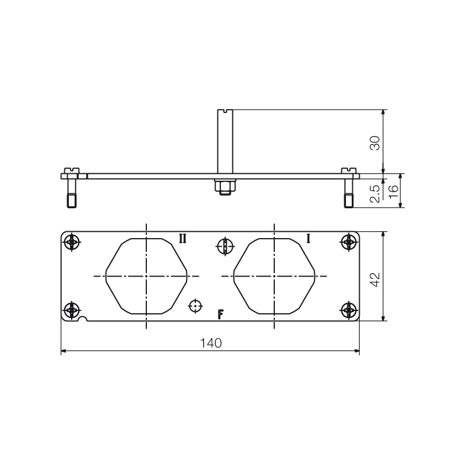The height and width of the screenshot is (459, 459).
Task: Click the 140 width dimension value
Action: (211, 343)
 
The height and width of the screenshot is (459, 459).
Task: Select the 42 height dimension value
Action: (374, 279)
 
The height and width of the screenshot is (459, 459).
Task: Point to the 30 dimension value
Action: (374, 142)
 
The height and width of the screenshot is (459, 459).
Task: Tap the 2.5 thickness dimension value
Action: (374, 193)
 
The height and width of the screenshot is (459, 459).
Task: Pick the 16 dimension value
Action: (393, 191)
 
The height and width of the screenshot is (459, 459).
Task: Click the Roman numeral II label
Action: (182, 239)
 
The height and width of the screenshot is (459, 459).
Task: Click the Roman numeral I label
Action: (308, 239)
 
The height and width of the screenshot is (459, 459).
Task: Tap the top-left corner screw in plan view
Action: (71, 243)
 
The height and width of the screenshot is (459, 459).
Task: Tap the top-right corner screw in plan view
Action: (348, 243)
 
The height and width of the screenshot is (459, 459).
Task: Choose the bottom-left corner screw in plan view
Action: (71, 310)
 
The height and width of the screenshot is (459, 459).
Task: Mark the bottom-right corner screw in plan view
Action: (348, 310)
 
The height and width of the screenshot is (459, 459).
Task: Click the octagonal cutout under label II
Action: (146, 276)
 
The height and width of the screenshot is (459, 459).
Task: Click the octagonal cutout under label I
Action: (275, 276)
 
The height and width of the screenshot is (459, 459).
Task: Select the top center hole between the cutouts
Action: (225, 247)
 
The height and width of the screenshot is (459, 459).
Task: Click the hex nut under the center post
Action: (224, 186)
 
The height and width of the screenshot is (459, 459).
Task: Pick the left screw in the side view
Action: (71, 189)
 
